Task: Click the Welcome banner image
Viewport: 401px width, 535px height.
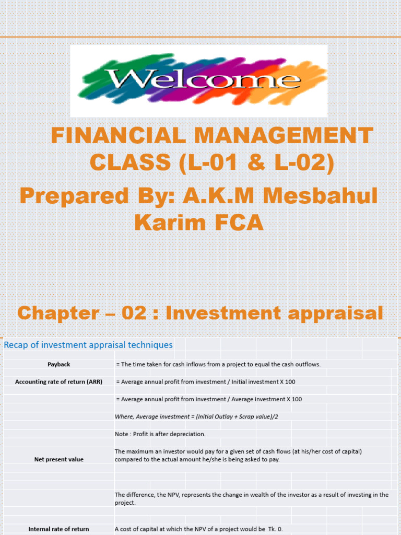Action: (x=198, y=80)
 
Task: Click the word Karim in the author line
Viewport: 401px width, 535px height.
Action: (x=170, y=223)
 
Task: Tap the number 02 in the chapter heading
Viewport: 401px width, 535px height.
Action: (x=138, y=313)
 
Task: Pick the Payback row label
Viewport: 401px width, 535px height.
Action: (x=58, y=364)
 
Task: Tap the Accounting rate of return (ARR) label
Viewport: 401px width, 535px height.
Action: (x=58, y=382)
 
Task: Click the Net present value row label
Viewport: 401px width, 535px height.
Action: (x=58, y=459)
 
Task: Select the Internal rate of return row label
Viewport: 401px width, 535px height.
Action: (x=58, y=529)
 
